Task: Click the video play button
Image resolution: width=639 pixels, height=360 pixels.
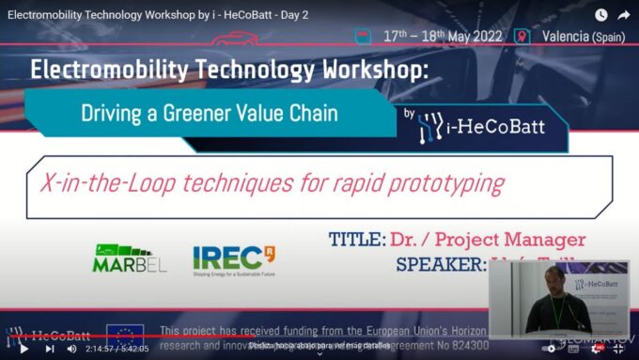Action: click(x=24, y=348)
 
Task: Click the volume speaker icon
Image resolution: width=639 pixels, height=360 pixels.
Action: click(x=72, y=348)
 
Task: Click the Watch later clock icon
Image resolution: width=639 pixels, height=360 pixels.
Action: click(x=600, y=15)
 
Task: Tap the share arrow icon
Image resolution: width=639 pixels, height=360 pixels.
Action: click(x=623, y=15)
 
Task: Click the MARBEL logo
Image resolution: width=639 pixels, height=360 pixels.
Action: click(x=131, y=258)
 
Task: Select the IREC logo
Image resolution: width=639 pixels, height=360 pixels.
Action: click(x=234, y=257)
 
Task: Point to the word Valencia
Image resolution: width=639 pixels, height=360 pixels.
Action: click(x=565, y=37)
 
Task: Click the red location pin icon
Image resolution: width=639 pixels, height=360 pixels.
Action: click(x=522, y=37)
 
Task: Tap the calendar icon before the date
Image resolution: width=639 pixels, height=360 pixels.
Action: click(x=361, y=36)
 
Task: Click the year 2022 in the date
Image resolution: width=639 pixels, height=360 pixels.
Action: click(x=480, y=37)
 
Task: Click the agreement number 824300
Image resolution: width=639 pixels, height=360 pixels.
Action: click(x=466, y=345)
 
